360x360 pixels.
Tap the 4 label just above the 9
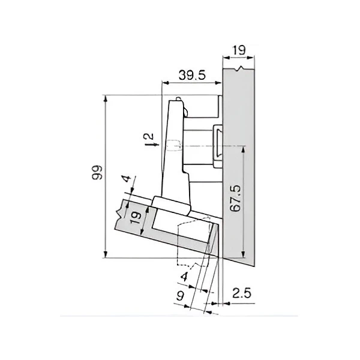coord(184,277)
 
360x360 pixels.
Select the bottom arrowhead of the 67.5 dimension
coord(243,251)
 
